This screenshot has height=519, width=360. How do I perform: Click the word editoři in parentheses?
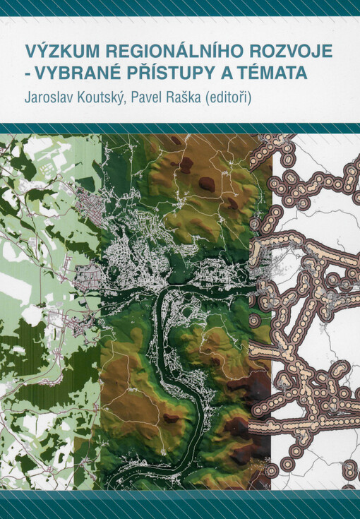click(251, 95)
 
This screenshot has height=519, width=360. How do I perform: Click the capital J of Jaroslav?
click(29, 95)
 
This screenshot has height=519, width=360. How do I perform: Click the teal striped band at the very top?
click(180, 8)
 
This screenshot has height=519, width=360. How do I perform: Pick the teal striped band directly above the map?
click(180, 128)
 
